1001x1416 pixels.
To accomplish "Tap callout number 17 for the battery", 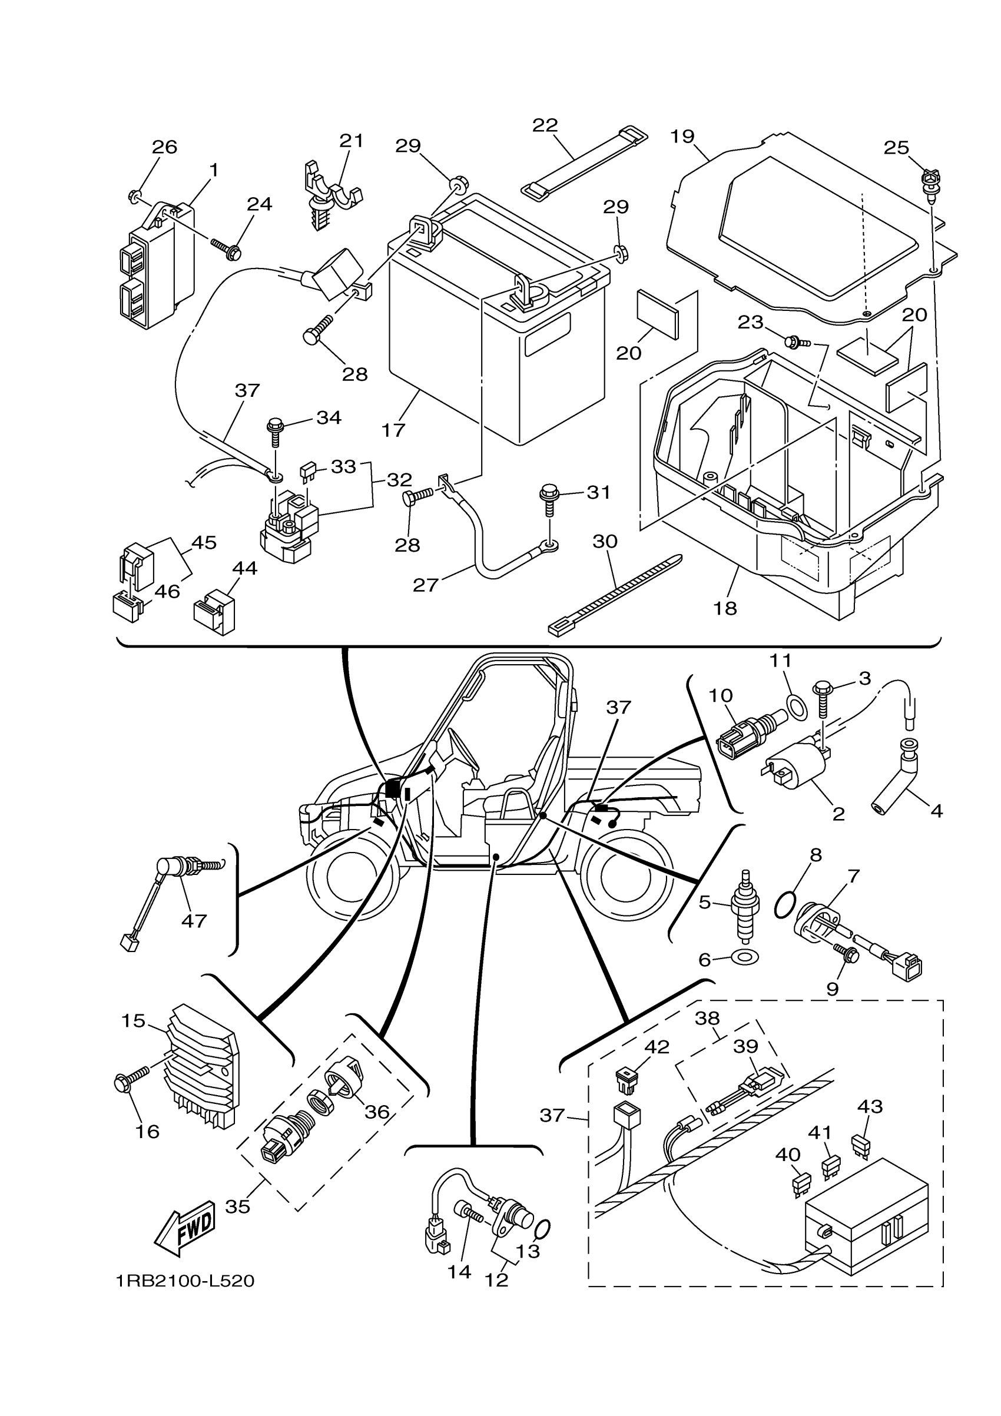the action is pyautogui.click(x=393, y=430).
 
